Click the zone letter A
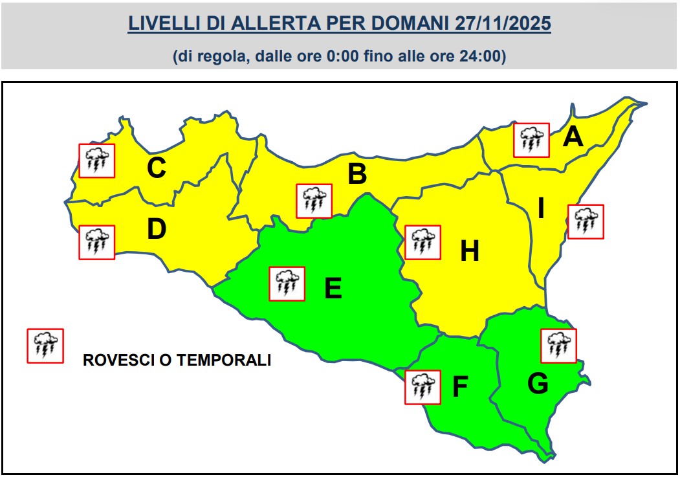tap(573, 137)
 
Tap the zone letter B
tap(357, 174)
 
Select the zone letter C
tap(157, 168)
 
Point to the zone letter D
tap(157, 228)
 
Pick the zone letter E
tap(333, 288)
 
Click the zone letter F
tap(459, 387)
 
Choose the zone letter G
tap(538, 384)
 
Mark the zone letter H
tap(469, 251)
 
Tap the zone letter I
tap(541, 208)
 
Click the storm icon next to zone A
tap(531, 140)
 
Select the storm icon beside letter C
tap(96, 161)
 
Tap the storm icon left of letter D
tap(96, 243)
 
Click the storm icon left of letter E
tap(287, 283)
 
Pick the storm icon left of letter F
tap(422, 387)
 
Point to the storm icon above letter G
tap(558, 346)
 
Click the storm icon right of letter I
tap(586, 221)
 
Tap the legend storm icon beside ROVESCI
tap(45, 346)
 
